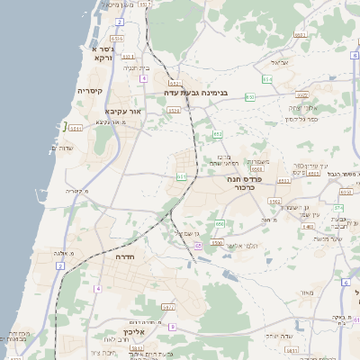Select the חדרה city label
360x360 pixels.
pyautogui.click(x=124, y=256)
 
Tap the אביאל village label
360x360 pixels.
pyautogui.click(x=279, y=63)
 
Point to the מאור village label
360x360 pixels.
pyautogui.click(x=308, y=292)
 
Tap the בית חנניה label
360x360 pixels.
pyautogui.click(x=135, y=67)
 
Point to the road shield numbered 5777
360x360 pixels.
pyautogui.click(x=167, y=307)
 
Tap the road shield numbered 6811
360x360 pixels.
pyautogui.click(x=257, y=168)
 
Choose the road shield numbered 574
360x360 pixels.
pyautogui.click(x=337, y=208)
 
